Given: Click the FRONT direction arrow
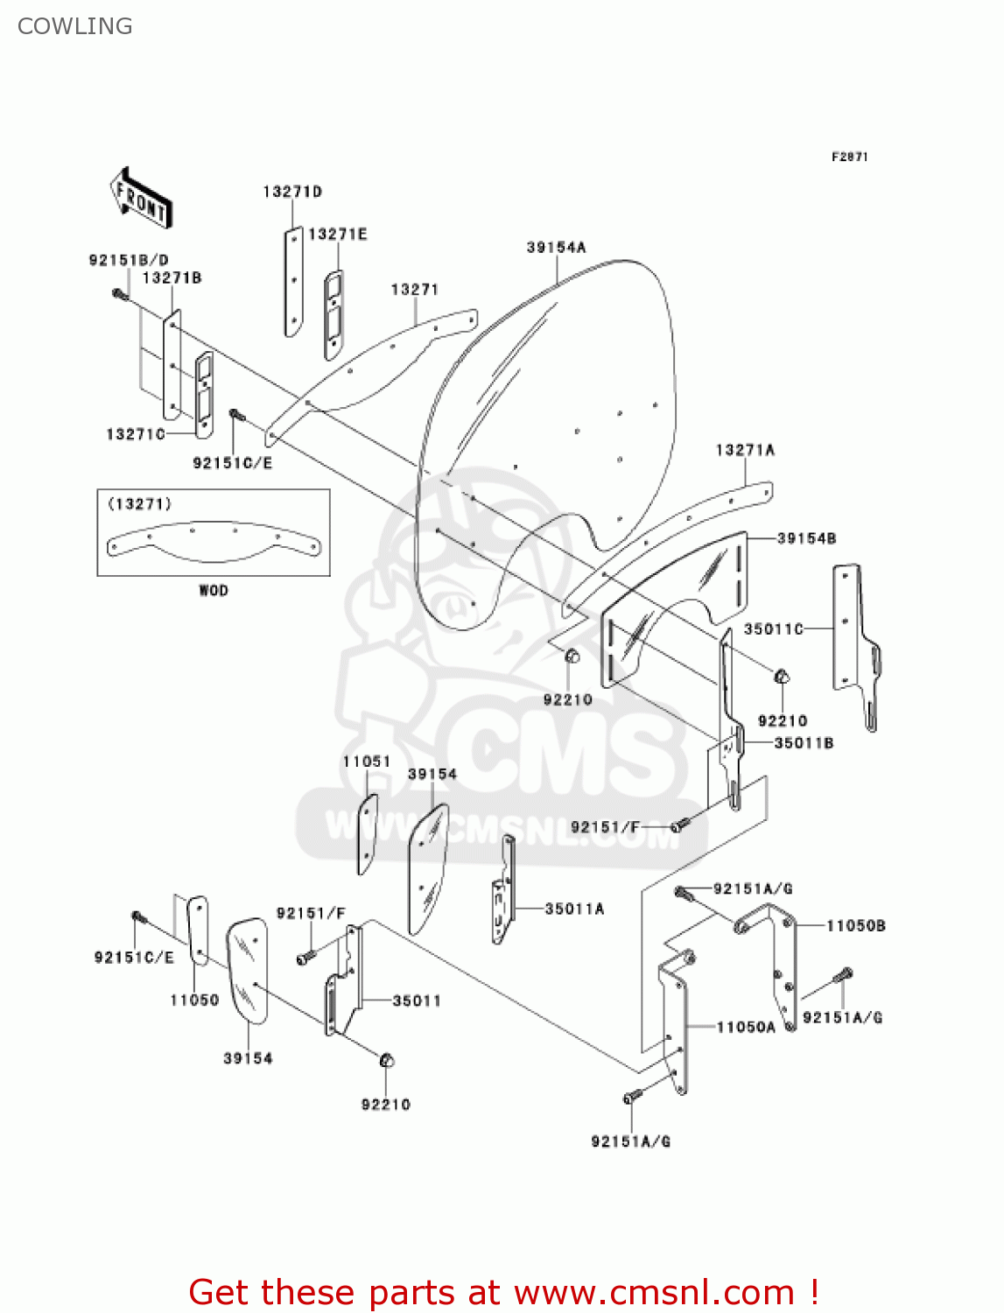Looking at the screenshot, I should [141, 199].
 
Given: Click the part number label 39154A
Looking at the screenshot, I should [556, 248].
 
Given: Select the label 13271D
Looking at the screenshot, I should [292, 192].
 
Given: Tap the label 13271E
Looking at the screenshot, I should [338, 235].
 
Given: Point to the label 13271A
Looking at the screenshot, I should [745, 450].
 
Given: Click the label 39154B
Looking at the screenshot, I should [806, 538].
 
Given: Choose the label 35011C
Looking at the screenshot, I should [773, 628].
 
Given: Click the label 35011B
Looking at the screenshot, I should [804, 743].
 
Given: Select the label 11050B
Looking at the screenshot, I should [855, 925].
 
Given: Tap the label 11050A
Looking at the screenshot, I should [746, 1027].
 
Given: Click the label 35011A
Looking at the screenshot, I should [574, 909].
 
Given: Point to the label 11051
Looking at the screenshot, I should [366, 762].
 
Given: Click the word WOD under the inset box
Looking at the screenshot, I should [213, 591].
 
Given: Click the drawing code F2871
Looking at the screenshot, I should [849, 157].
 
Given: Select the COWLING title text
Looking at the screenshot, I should [75, 26].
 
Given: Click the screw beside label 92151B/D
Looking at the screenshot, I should [121, 295].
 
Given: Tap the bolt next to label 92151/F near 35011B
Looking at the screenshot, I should [680, 825].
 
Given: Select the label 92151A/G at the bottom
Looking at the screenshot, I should [630, 1141].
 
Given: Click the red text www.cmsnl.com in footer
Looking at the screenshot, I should [654, 1293].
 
